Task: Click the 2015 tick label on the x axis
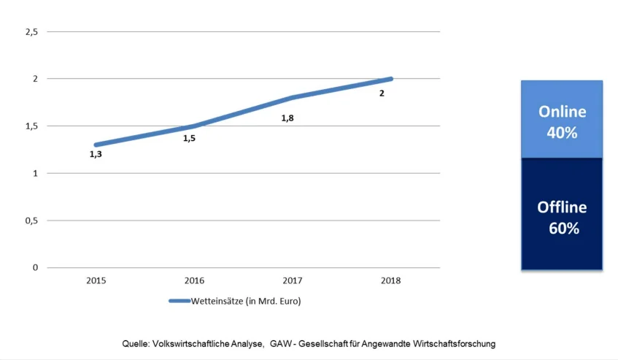coord(96,280)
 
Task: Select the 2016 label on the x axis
coord(194,280)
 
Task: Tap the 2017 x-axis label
coord(292,280)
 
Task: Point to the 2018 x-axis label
coord(390,280)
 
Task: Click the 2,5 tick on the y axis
coord(31,31)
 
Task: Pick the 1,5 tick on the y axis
coord(31,126)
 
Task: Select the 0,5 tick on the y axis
coord(31,221)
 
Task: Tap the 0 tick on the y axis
coord(34,268)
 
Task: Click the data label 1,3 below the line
coord(96,154)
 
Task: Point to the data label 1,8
coord(287,118)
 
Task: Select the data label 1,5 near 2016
coord(189,137)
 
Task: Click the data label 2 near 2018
coord(382,93)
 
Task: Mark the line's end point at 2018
coord(390,79)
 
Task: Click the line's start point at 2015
coord(96,145)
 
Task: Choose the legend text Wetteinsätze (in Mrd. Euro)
coord(245,300)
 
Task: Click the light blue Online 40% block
coord(562,120)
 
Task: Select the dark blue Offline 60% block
coord(562,215)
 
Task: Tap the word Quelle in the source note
coord(135,343)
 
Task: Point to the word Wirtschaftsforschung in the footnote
coord(455,343)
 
